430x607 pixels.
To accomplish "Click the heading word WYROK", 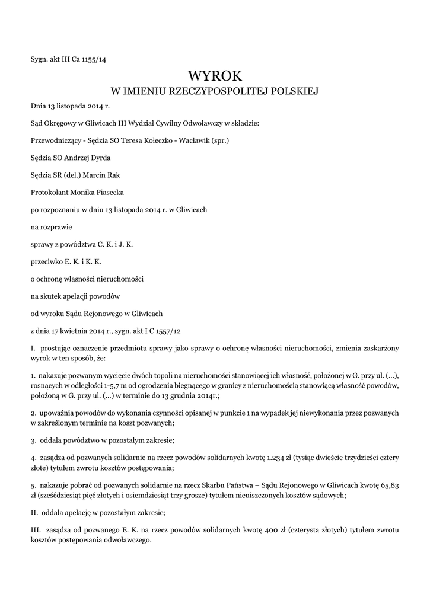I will click(x=215, y=76).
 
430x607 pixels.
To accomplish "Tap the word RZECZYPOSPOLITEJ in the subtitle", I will click(x=221, y=91).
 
